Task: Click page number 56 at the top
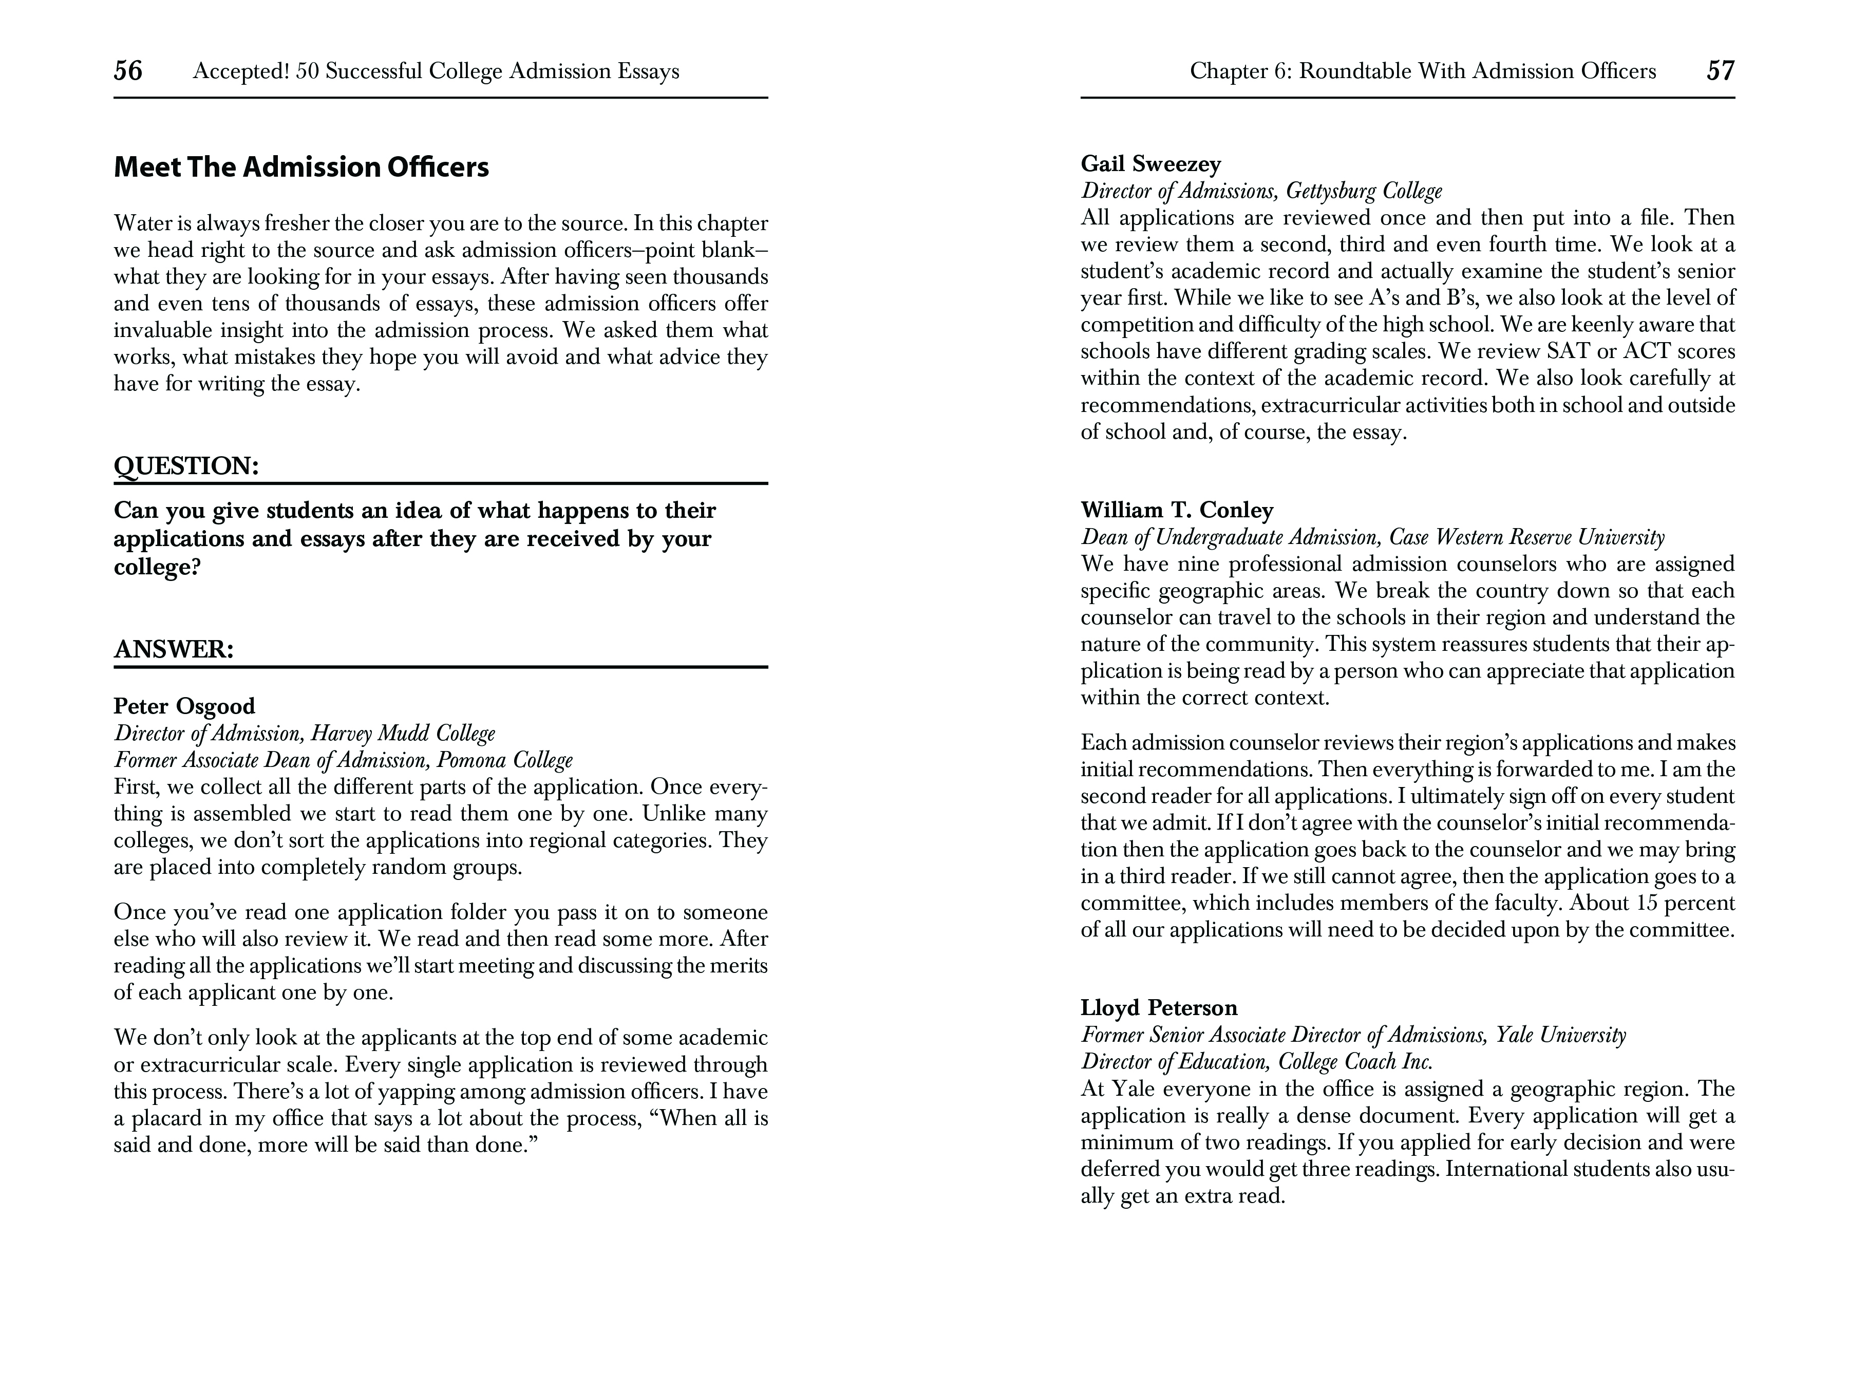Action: coord(128,70)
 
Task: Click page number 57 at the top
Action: coord(1720,70)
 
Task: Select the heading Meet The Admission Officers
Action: coord(301,167)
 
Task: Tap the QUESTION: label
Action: coord(185,466)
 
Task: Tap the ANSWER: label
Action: coord(173,649)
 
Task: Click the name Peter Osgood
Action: coord(184,706)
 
